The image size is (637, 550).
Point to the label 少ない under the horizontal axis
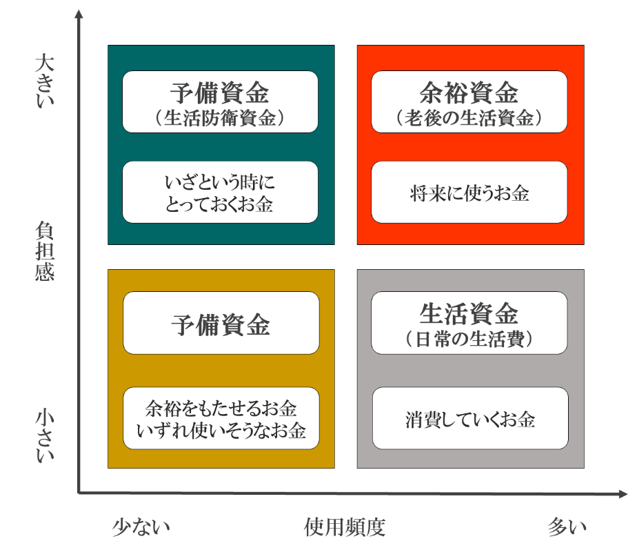[141, 527]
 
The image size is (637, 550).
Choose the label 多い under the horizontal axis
[567, 527]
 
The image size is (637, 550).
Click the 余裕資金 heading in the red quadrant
[469, 92]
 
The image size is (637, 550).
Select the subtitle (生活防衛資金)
[221, 117]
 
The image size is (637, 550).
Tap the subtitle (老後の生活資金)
[469, 117]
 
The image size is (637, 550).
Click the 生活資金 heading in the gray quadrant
[469, 314]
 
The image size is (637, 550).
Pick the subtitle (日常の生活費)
[469, 339]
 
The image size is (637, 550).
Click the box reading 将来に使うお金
[469, 193]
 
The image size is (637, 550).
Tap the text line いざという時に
[220, 182]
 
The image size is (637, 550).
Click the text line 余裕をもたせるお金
[221, 408]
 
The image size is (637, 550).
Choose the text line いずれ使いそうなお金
[221, 431]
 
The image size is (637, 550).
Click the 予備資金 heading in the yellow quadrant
[221, 324]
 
